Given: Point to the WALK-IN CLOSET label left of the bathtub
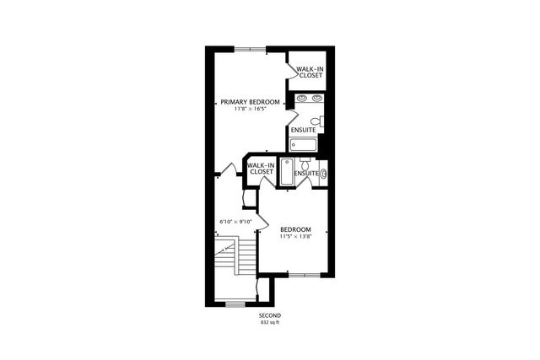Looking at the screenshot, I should (262, 169).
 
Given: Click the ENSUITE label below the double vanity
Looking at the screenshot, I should (304, 130).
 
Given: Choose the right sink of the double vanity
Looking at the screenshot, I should (316, 99).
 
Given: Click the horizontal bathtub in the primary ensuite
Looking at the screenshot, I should (303, 145).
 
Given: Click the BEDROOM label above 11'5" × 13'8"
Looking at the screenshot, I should (295, 229).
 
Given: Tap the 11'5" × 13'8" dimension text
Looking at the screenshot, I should (295, 237).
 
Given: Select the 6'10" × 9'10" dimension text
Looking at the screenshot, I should (236, 222).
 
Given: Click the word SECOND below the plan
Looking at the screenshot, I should (270, 314).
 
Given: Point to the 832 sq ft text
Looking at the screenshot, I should (270, 322).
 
